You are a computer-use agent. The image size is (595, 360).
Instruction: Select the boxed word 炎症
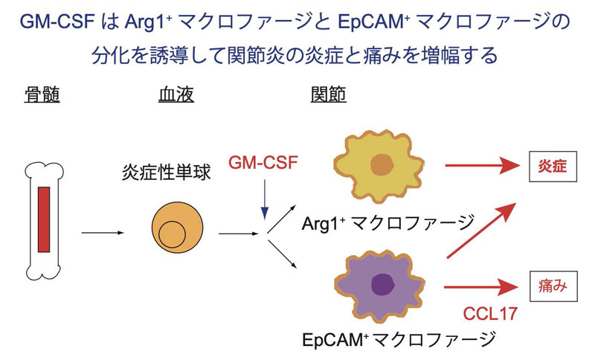coord(553,166)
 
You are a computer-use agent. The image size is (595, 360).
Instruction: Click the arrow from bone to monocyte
coord(101,234)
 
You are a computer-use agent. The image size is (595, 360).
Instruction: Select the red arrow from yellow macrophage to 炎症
coord(483,166)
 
